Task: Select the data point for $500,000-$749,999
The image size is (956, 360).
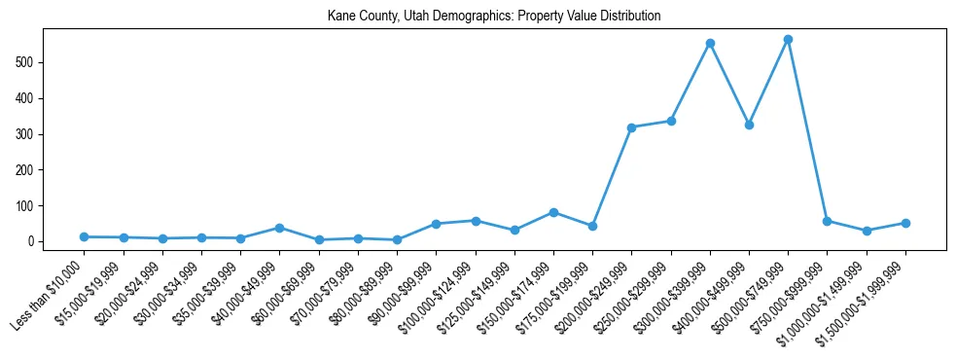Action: pyautogui.click(x=788, y=40)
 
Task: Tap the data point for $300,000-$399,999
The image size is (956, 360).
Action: pyautogui.click(x=710, y=44)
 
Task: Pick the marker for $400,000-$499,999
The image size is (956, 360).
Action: pyautogui.click(x=749, y=125)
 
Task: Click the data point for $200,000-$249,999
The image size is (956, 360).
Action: pyautogui.click(x=631, y=127)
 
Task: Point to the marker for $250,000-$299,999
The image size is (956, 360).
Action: pyautogui.click(x=670, y=121)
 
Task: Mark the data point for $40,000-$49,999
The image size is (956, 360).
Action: pyautogui.click(x=279, y=228)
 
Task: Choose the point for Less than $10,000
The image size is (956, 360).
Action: pyautogui.click(x=85, y=236)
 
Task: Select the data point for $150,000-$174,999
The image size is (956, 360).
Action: pyautogui.click(x=553, y=212)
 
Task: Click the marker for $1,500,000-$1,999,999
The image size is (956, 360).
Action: pyautogui.click(x=905, y=223)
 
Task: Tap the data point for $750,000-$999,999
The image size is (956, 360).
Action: pyautogui.click(x=827, y=221)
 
